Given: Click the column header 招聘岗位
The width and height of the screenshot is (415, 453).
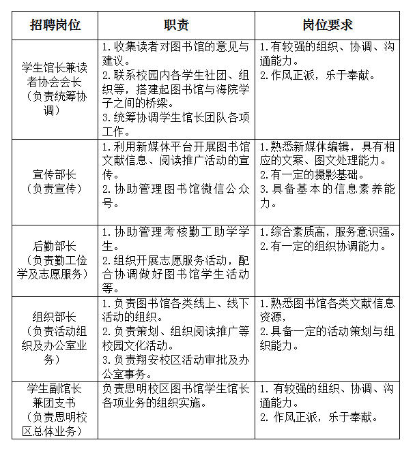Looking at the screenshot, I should pos(55,25).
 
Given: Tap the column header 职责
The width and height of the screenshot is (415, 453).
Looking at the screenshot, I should pos(176,25).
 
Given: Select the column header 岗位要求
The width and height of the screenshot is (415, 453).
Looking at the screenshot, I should pos(328,25).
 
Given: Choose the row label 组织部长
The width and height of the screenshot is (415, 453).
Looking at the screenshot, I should pos(55,317).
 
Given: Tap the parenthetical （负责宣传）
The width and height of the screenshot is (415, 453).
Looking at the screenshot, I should pos(55,188).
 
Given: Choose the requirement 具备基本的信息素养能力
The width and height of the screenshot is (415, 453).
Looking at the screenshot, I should pos(327,196).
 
